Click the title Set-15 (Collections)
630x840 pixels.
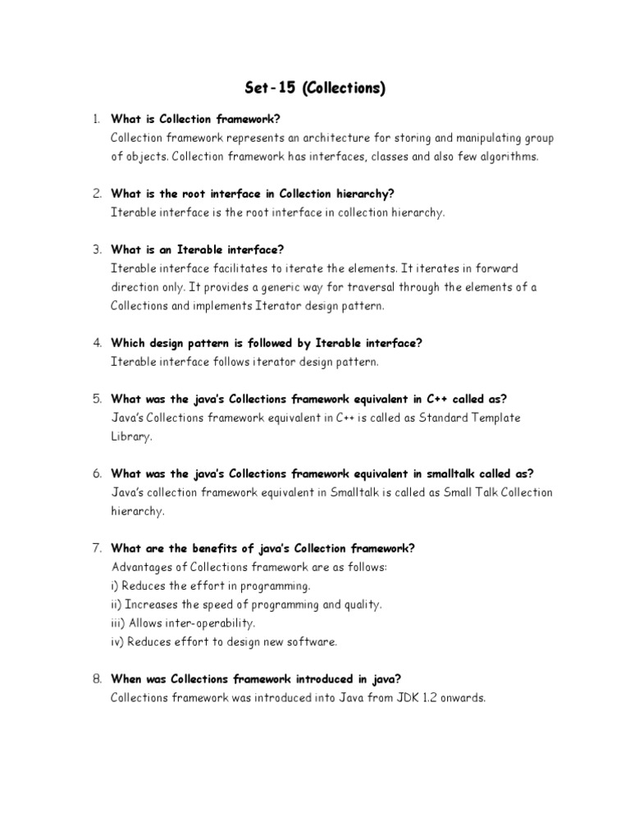(315, 89)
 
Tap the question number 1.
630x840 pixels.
(95, 121)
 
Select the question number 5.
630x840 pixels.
(96, 399)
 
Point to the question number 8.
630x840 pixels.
(96, 678)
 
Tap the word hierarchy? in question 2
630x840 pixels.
(367, 194)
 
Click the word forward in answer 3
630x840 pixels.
(495, 268)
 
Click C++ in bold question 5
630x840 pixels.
(437, 399)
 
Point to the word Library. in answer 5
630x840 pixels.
(131, 436)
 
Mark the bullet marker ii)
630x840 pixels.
(117, 605)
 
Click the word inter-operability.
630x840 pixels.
(197, 623)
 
